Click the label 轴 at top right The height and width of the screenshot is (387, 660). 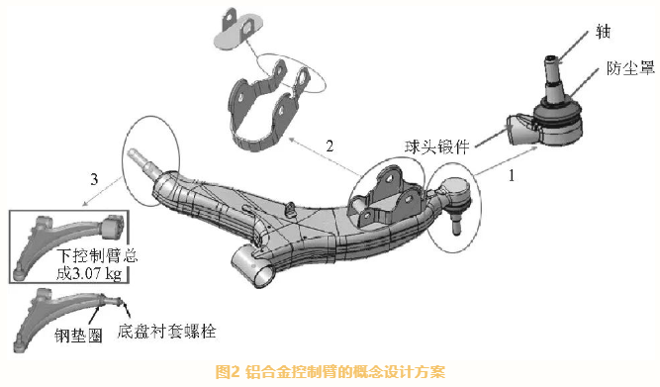(603, 32)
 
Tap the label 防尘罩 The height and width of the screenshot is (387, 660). (629, 68)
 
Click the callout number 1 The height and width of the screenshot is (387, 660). (512, 175)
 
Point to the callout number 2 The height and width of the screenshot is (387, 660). (330, 145)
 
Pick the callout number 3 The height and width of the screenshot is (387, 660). (94, 179)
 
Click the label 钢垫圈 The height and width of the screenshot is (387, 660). (78, 336)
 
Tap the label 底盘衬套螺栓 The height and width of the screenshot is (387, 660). (166, 331)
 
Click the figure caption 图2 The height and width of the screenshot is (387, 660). (228, 372)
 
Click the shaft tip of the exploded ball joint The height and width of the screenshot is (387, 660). (551, 59)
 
